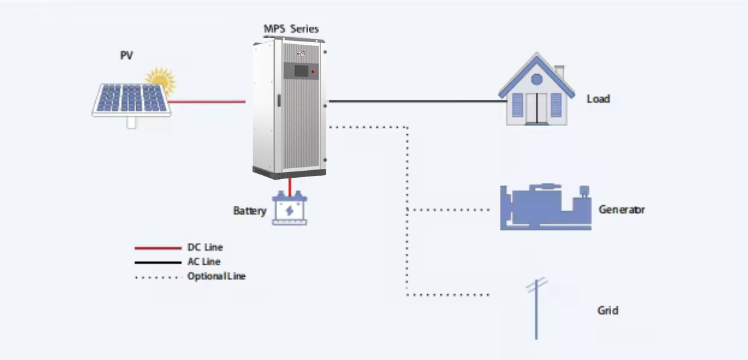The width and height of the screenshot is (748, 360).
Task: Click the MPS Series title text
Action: click(x=291, y=29)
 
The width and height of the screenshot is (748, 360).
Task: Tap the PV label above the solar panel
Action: click(x=127, y=56)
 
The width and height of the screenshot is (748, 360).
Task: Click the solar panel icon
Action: click(x=132, y=100)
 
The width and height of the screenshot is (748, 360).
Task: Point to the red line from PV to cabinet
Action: click(x=208, y=101)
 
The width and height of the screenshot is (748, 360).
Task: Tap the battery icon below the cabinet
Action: click(x=290, y=210)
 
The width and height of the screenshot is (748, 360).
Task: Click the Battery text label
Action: click(x=249, y=210)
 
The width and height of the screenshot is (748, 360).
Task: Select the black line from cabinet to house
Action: click(x=412, y=101)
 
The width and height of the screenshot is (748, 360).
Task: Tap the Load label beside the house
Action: click(x=598, y=99)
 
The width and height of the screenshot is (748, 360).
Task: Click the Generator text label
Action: click(x=621, y=210)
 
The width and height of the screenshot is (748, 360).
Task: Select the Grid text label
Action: click(x=607, y=311)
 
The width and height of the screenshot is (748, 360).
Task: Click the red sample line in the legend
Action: click(x=158, y=247)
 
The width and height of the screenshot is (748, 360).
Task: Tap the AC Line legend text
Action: click(x=204, y=262)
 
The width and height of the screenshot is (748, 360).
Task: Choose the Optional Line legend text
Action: click(x=216, y=276)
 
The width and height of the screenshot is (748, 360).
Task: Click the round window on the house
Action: click(x=536, y=79)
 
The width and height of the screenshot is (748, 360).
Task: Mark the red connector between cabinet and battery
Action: click(x=290, y=186)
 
